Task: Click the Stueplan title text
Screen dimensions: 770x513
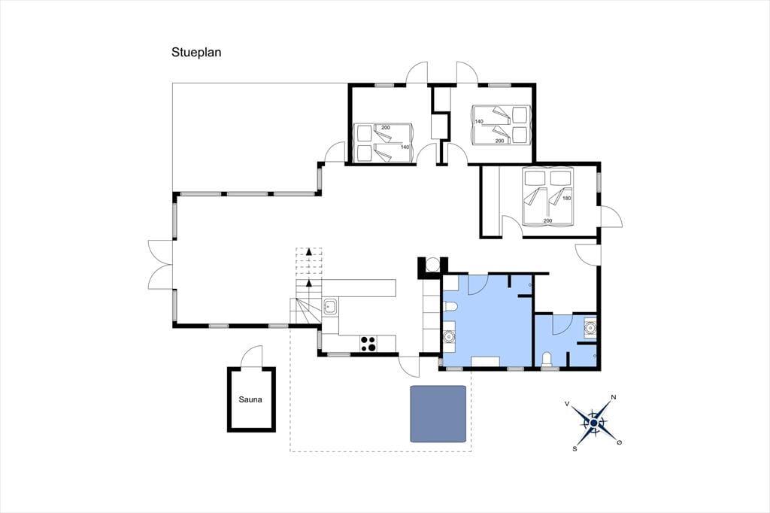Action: pyautogui.click(x=196, y=53)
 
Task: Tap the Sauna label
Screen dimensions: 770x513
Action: pyautogui.click(x=250, y=399)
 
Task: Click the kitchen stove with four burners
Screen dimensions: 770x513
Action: pyautogui.click(x=368, y=344)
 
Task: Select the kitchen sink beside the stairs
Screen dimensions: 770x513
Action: pyautogui.click(x=329, y=307)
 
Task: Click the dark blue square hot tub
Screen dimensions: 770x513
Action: pyautogui.click(x=438, y=414)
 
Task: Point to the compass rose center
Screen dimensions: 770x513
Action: pyautogui.click(x=594, y=423)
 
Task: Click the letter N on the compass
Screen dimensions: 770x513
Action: pyautogui.click(x=614, y=397)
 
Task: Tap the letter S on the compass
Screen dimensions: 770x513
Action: pyautogui.click(x=574, y=448)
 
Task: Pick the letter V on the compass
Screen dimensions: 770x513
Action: pyautogui.click(x=567, y=403)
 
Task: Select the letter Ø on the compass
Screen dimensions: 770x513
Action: pyautogui.click(x=620, y=443)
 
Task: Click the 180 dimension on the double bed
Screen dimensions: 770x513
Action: pyautogui.click(x=567, y=198)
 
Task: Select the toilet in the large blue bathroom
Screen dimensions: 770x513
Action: pyautogui.click(x=450, y=308)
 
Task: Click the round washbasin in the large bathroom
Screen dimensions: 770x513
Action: pyautogui.click(x=448, y=336)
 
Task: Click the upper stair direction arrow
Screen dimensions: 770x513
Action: pyautogui.click(x=308, y=251)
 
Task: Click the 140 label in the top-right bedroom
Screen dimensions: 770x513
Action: pyautogui.click(x=479, y=121)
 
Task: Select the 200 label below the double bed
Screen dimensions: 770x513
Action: pyautogui.click(x=547, y=220)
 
